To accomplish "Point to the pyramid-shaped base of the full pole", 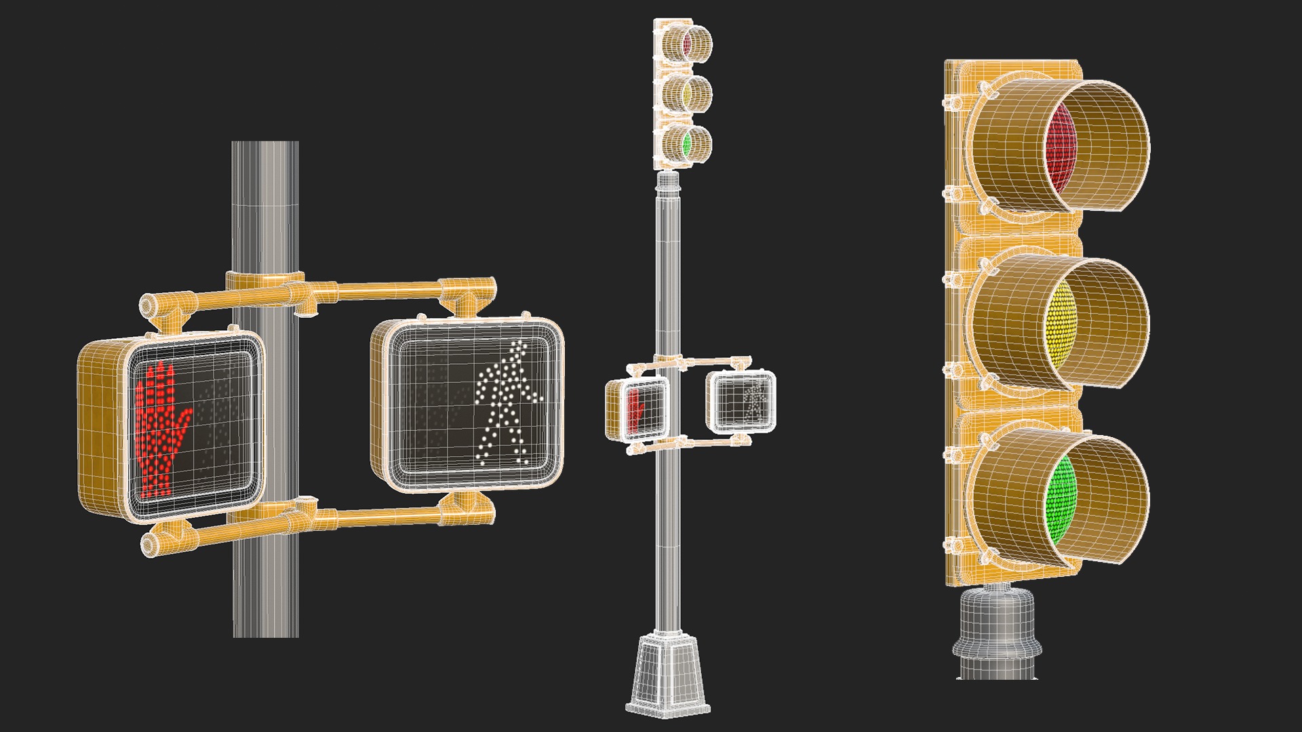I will (667, 674).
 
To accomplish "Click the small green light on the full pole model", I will (686, 143).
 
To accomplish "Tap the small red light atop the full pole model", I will (686, 44).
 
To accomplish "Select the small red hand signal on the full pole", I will (636, 409).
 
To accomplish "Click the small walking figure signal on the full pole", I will (752, 400).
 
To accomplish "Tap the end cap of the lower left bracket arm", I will (149, 543).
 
